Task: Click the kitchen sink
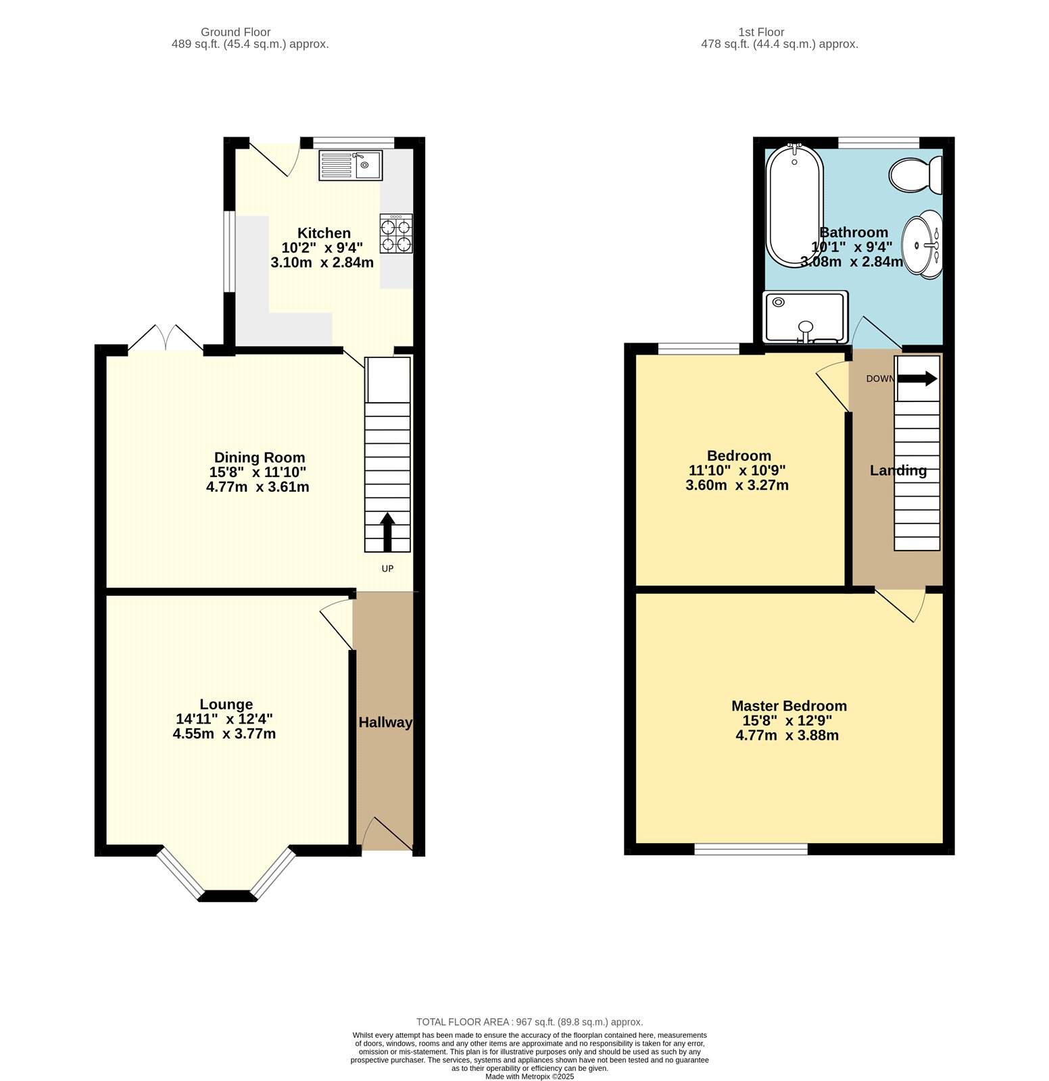point(350,166)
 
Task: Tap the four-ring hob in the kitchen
point(396,234)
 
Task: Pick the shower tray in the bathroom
point(805,317)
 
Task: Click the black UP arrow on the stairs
point(387,532)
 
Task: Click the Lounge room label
point(226,704)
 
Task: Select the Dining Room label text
point(260,457)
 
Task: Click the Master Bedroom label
point(789,705)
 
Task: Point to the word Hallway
point(385,722)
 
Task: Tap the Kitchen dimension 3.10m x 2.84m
point(322,263)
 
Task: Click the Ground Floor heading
point(235,32)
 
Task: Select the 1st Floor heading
point(761,32)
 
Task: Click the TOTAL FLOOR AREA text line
point(529,1022)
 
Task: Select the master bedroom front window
point(751,849)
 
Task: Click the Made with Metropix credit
point(529,1077)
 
